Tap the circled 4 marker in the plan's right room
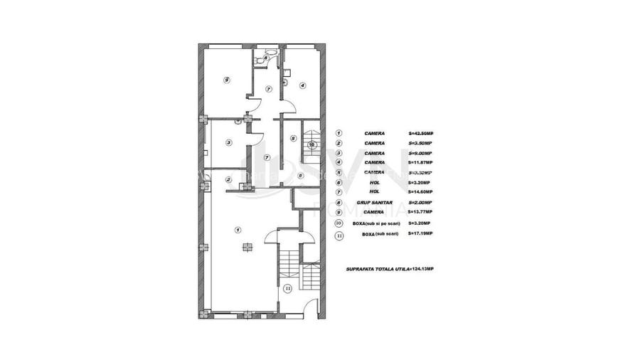click(x=302, y=85)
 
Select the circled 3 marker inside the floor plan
click(x=228, y=143)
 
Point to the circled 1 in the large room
click(x=237, y=229)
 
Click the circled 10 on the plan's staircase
click(x=311, y=144)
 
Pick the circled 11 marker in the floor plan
click(x=288, y=288)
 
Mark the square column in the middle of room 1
click(x=247, y=248)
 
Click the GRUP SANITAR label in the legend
click(x=375, y=202)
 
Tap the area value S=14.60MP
click(x=420, y=192)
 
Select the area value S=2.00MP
click(x=420, y=202)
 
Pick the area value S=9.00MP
click(x=420, y=153)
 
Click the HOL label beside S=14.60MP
click(x=375, y=192)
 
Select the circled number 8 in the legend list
click(x=339, y=202)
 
